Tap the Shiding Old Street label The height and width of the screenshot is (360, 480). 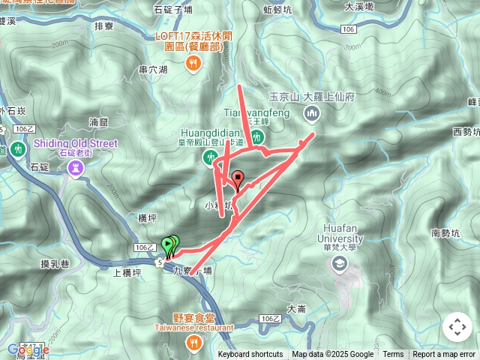pos(76,143)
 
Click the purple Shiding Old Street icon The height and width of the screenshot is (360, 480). pos(76,169)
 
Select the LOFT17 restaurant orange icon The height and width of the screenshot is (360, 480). pos(193,65)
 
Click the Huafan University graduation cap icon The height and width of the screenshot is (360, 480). pos(340,263)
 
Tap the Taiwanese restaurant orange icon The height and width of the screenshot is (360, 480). pos(193,343)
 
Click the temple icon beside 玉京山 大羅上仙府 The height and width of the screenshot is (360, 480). pos(312,114)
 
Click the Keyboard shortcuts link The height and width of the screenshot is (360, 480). pos(250,355)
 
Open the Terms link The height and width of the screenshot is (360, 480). pos(393,355)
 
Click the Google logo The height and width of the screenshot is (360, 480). pos(28,349)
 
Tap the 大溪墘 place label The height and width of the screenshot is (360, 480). pos(359,6)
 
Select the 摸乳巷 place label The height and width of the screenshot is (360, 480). pos(55,263)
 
